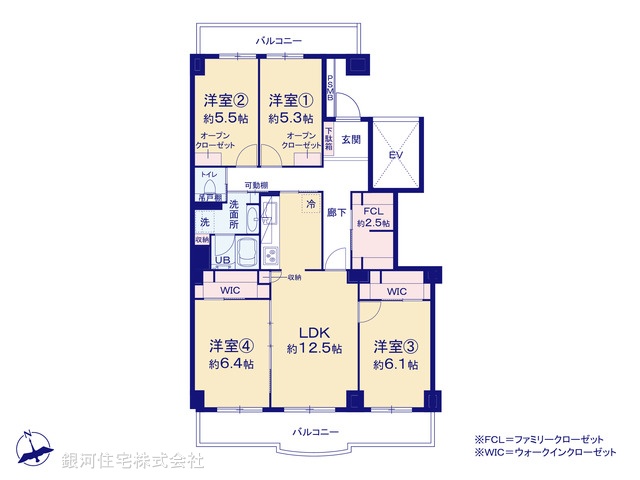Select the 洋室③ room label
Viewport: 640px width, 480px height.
[x=395, y=347]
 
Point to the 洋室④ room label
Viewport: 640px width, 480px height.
[x=230, y=347]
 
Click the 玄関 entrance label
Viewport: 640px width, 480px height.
[x=350, y=140]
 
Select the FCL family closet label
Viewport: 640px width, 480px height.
[x=373, y=211]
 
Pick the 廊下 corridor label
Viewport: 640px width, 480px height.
[x=337, y=212]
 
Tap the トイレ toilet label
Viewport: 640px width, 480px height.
[x=207, y=174]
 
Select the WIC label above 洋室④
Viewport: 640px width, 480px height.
[x=232, y=291]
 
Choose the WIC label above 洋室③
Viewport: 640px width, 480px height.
[x=397, y=291]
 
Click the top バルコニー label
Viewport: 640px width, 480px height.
[x=278, y=41]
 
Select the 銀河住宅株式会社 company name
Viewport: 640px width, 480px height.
[x=132, y=461]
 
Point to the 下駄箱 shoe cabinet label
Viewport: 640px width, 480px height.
[x=328, y=138]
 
